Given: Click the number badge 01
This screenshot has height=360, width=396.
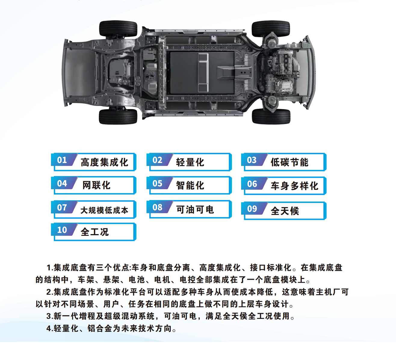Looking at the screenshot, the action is coord(62,160).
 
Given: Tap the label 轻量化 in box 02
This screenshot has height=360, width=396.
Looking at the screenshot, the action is coord(190,162).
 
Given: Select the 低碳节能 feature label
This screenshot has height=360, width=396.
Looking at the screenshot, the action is coord(289,162).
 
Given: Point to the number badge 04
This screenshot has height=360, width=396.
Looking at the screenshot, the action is coord(62,183).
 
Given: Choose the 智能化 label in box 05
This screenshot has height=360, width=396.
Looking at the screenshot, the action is coord(190,186).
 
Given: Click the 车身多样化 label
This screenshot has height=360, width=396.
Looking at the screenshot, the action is coord(294,186).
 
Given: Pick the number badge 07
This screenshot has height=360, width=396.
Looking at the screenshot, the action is coord(62,207).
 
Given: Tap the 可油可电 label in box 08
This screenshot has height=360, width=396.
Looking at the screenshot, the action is coord(195,210).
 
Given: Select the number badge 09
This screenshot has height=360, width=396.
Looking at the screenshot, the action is coord(252,208).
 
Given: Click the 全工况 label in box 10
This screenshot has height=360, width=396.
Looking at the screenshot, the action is coord(94,232).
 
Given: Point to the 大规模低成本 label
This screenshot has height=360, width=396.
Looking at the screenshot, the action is coord(104,210).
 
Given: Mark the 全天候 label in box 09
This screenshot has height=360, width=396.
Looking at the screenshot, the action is coord(285,211).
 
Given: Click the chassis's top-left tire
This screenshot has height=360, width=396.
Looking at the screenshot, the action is coord(118,29).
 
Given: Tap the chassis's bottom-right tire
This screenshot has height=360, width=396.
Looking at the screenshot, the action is coord(271,116).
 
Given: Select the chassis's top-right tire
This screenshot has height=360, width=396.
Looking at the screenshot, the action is coord(271,29).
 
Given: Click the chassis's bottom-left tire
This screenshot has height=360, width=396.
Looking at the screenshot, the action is coord(118,117).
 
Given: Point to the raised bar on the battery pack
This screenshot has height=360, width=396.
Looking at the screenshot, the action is coord(203,72).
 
